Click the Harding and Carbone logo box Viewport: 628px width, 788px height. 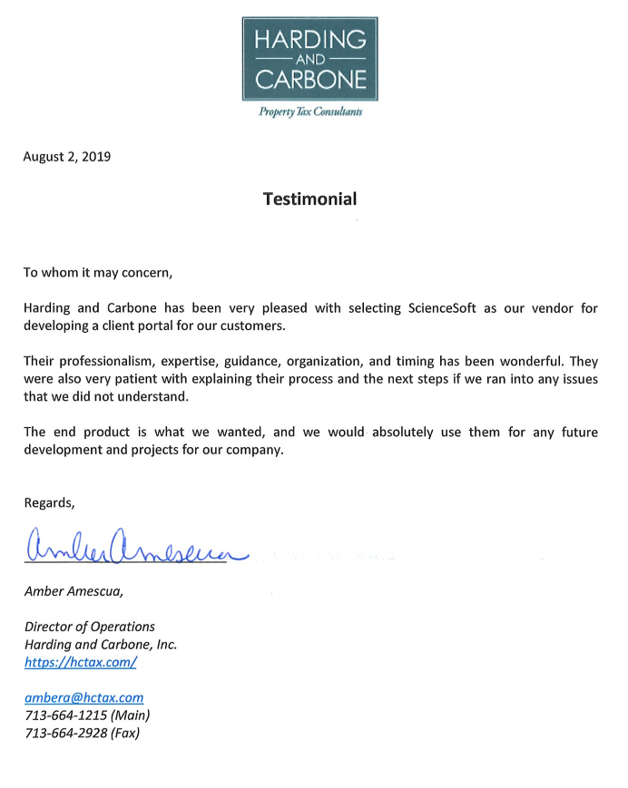pyautogui.click(x=309, y=58)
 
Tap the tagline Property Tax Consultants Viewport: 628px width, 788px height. pyautogui.click(x=310, y=112)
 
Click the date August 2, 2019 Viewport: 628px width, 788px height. pyautogui.click(x=66, y=156)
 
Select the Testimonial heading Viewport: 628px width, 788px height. pyautogui.click(x=309, y=199)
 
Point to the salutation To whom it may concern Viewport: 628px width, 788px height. pyautogui.click(x=97, y=271)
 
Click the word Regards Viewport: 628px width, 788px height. pyautogui.click(x=49, y=502)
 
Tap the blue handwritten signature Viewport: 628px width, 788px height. pyautogui.click(x=136, y=548)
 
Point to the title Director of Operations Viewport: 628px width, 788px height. pyautogui.click(x=89, y=627)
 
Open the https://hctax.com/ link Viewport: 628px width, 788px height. pyautogui.click(x=80, y=662)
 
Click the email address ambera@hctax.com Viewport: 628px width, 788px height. pyautogui.click(x=83, y=697)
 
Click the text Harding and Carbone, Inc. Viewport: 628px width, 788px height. pyautogui.click(x=100, y=645)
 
